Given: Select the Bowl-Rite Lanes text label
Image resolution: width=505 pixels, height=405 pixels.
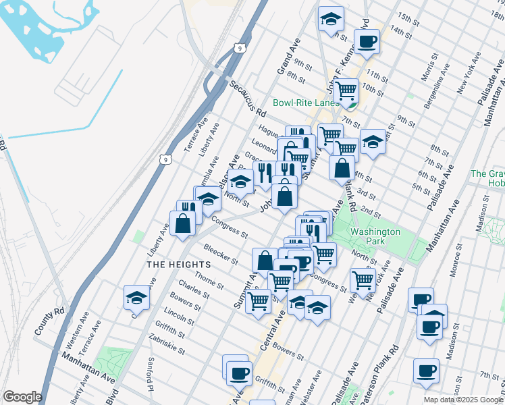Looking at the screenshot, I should pyautogui.click(x=306, y=103).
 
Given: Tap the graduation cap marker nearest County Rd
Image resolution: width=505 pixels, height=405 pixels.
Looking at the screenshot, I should pyautogui.click(x=136, y=296).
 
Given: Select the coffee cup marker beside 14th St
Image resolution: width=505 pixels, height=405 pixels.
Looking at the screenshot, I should pyautogui.click(x=367, y=40).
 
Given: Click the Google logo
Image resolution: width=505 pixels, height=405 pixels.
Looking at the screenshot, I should pyautogui.click(x=23, y=397).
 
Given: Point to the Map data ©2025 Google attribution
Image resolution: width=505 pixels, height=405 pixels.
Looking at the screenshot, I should pyautogui.click(x=462, y=400).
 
